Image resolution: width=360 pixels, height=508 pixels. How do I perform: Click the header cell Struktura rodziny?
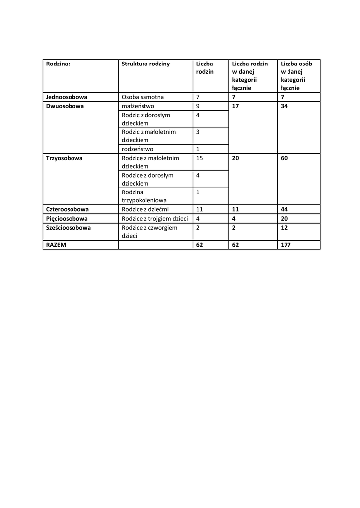tap(145, 63)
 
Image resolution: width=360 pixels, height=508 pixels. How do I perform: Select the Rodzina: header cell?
tap(58, 63)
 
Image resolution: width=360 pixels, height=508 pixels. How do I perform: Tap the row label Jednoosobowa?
tap(67, 97)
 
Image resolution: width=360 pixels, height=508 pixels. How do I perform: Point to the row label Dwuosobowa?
tap(65, 106)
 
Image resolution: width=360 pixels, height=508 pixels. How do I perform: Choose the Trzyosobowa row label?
tap(64, 158)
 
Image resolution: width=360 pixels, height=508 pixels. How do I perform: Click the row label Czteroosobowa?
tap(67, 210)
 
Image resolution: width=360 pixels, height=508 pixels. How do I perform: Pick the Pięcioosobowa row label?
tap(67, 219)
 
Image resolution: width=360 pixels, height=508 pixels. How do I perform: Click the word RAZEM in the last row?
tap(56, 245)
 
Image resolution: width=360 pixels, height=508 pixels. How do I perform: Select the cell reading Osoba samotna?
tap(143, 97)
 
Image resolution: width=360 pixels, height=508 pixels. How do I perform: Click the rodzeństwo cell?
tap(138, 149)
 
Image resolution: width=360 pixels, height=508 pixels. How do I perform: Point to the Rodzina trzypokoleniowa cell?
tap(144, 196)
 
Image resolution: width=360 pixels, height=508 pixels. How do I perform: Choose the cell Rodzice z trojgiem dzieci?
tap(154, 219)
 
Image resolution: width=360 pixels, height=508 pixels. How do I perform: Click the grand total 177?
tap(286, 245)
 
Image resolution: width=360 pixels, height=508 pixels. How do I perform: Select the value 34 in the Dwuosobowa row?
tap(284, 106)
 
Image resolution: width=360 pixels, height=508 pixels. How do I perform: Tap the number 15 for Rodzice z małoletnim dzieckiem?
tap(200, 158)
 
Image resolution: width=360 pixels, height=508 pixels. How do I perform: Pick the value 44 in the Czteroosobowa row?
tap(284, 210)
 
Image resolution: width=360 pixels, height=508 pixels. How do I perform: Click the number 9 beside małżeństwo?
tap(198, 106)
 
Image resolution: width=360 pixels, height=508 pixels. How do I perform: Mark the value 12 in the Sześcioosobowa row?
tap(284, 228)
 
